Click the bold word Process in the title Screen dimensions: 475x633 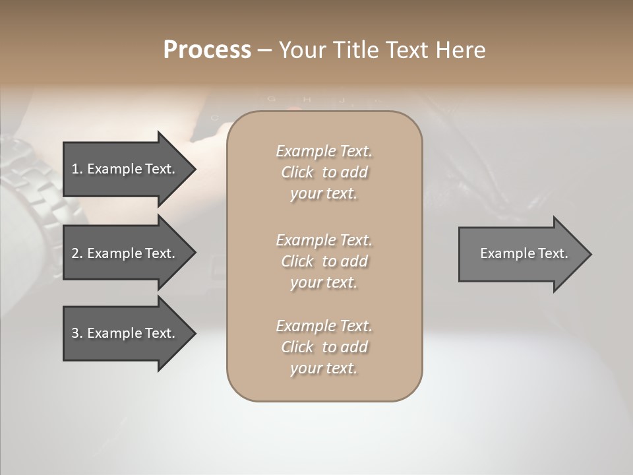click(x=207, y=50)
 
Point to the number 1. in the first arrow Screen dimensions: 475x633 click(x=77, y=169)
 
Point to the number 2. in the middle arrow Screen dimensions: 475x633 click(x=77, y=253)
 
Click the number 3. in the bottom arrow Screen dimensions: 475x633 click(x=77, y=333)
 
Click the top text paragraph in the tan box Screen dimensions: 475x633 click(x=324, y=172)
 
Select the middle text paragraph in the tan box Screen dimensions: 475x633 click(x=324, y=261)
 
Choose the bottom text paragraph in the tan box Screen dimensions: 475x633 click(x=324, y=347)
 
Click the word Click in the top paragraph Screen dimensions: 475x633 click(x=297, y=172)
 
